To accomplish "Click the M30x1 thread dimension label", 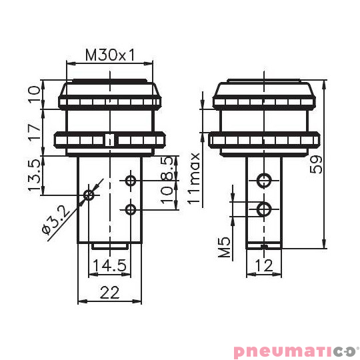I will [110, 55].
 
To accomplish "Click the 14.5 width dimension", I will [110, 265].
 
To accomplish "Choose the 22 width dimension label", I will [110, 291].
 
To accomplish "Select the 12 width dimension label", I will [265, 265].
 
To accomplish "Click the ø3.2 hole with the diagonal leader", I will [89, 195].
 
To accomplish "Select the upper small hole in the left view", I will [131, 180].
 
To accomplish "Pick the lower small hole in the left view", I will [131, 210].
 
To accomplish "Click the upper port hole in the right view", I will [265, 179].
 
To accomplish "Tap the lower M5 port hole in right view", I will [265, 209].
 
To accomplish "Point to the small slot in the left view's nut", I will [110, 140].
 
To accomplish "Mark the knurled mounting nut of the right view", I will [265, 141].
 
